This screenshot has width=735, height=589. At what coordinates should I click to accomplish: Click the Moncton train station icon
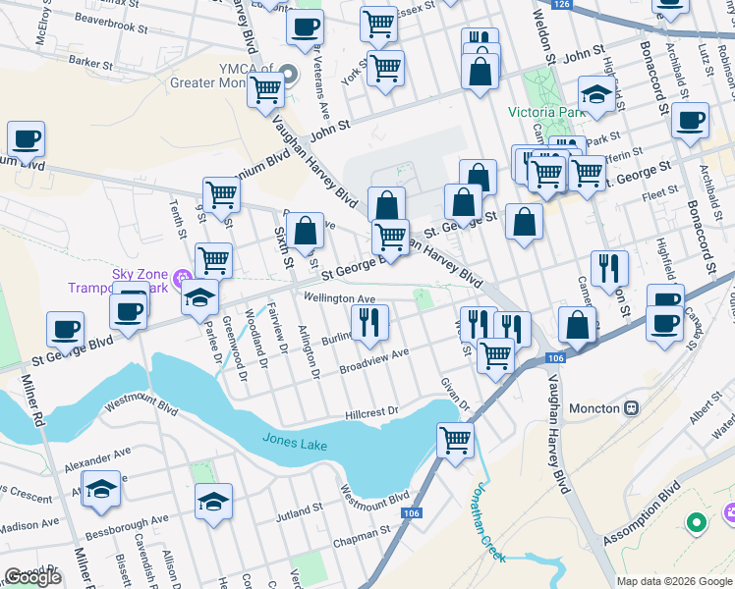pos(632,407)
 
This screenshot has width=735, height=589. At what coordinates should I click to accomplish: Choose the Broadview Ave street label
pos(373,359)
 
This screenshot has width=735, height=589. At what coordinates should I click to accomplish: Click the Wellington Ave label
pos(340,298)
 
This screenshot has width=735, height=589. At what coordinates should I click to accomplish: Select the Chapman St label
pos(362,532)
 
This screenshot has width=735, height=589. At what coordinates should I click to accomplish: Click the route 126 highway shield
pos(561,5)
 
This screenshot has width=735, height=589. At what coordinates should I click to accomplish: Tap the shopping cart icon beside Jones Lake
pos(455,440)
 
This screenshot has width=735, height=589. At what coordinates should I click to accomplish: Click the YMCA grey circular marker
pos(288,74)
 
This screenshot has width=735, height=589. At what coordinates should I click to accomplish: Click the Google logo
pos(33,577)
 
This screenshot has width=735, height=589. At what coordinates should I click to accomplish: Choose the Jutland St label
pos(300,511)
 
